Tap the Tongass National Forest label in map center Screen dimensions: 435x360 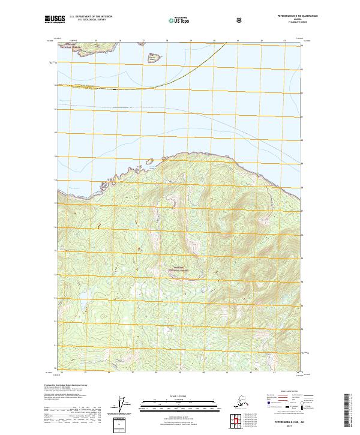pyautogui.click(x=181, y=269)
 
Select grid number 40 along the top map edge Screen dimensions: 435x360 pyautogui.click(x=214, y=41)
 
